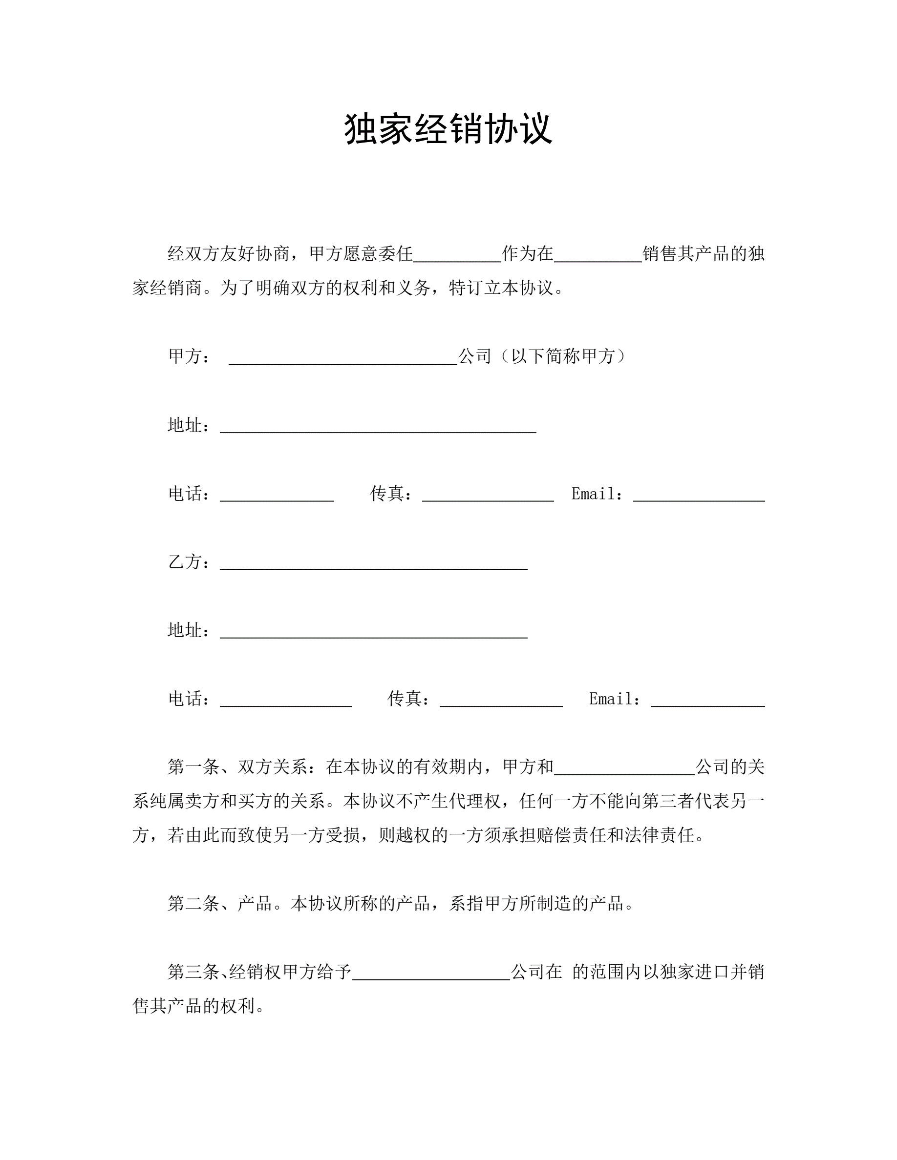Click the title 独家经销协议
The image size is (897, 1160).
coord(448,129)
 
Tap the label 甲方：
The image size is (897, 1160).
coord(189,356)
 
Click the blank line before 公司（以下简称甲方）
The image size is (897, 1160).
coord(343,359)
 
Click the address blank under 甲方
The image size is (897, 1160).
coord(378,427)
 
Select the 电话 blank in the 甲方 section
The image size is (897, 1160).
coord(277,496)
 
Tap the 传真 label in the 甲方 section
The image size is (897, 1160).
coord(390,494)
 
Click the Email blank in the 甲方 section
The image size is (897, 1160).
coord(699,496)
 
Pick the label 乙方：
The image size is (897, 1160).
coord(189,562)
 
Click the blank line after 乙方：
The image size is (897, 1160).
coord(374,564)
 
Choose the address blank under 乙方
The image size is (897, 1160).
coord(374,632)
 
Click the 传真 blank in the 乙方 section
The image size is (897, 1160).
coord(501,701)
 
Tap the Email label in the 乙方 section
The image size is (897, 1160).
coord(614,699)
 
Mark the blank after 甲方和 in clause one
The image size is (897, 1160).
coord(624,769)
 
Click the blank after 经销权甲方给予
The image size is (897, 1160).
coord(431,974)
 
